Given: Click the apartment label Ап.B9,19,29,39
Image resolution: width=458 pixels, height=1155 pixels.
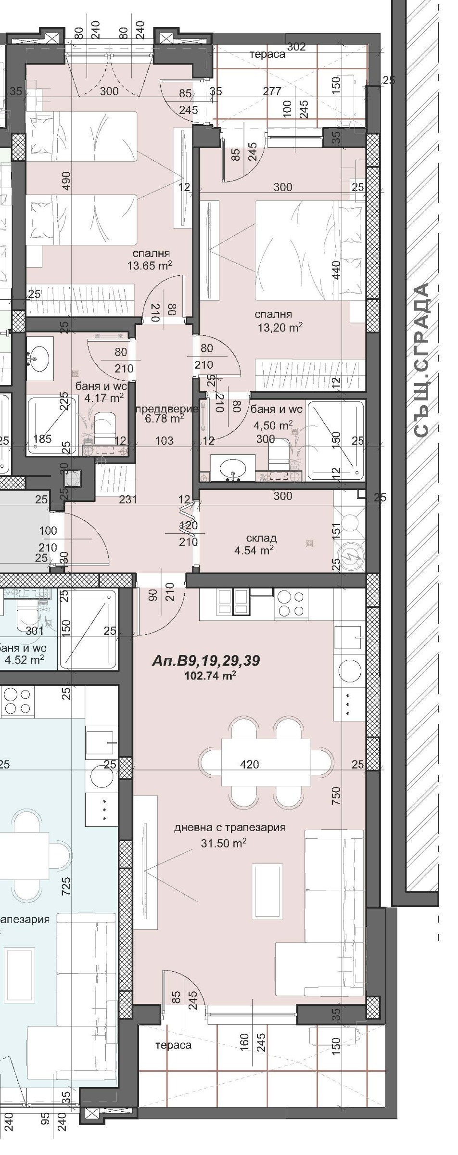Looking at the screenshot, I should click(x=205, y=661).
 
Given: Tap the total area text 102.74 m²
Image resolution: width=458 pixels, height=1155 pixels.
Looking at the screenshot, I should click(x=210, y=676).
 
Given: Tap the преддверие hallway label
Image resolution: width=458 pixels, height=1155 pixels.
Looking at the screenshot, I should click(x=166, y=409).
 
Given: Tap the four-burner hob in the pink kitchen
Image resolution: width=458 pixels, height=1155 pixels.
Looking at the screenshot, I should click(x=291, y=603).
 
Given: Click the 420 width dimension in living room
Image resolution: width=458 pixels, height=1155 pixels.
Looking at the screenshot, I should click(x=249, y=764).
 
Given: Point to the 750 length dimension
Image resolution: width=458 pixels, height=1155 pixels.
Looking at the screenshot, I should click(x=336, y=795).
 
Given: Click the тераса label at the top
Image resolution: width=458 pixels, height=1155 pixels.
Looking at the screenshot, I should click(x=267, y=54).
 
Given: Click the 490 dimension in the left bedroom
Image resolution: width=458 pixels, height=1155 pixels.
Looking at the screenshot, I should click(x=66, y=180).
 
